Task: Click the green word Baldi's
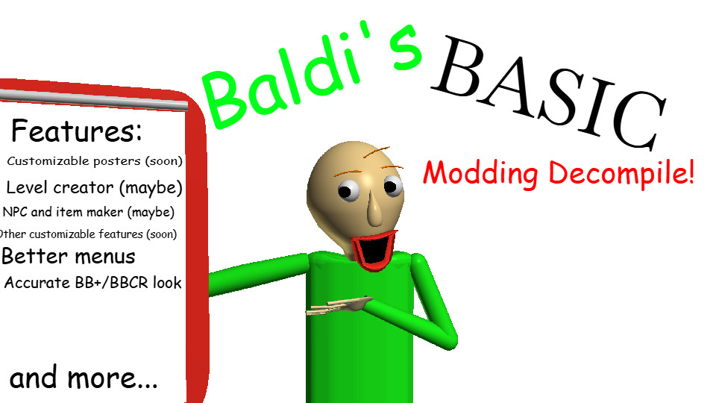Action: click(x=310, y=75)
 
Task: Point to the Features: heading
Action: click(x=77, y=131)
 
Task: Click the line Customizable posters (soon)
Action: click(x=95, y=161)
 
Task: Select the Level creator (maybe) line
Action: click(x=94, y=188)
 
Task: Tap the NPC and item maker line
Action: click(x=89, y=213)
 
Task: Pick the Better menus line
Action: click(x=69, y=256)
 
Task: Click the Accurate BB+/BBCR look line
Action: click(x=93, y=283)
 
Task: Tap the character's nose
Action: click(x=375, y=208)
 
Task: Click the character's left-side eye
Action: click(x=349, y=190)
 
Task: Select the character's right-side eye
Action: click(x=392, y=186)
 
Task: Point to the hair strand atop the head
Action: click(x=376, y=151)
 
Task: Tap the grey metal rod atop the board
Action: click(x=94, y=100)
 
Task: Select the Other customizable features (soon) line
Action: click(x=88, y=234)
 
